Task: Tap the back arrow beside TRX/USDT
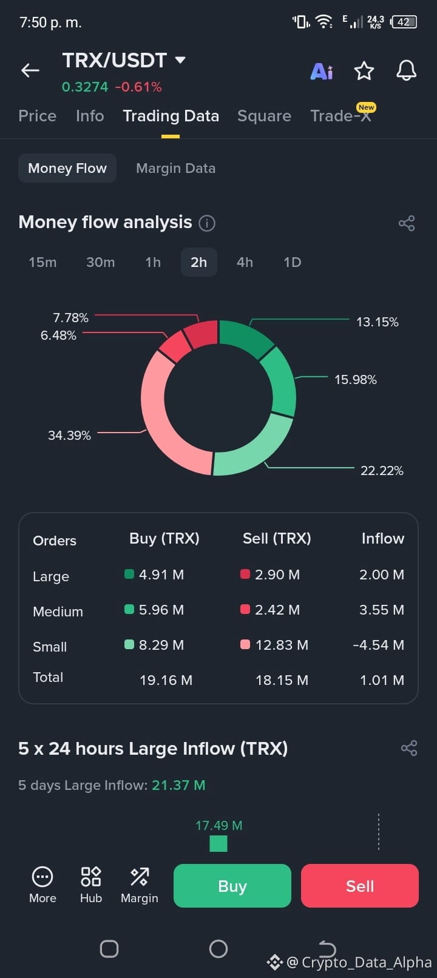point(30,70)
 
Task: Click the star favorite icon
point(364,71)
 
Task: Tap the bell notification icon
point(406,70)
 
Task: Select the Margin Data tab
point(175,168)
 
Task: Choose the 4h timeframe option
point(245,262)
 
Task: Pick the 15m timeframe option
point(42,262)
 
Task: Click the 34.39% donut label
point(69,435)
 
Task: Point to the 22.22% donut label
point(382,471)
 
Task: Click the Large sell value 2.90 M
point(277,575)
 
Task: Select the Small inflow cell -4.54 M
point(379,645)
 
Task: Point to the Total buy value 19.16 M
point(166,680)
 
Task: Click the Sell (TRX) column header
point(277,538)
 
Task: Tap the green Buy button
point(232,886)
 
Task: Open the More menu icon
point(42,877)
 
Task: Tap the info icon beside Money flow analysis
point(207,223)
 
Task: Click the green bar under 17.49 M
point(218,843)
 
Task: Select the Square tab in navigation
point(264,116)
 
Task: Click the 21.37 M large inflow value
point(178,785)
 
